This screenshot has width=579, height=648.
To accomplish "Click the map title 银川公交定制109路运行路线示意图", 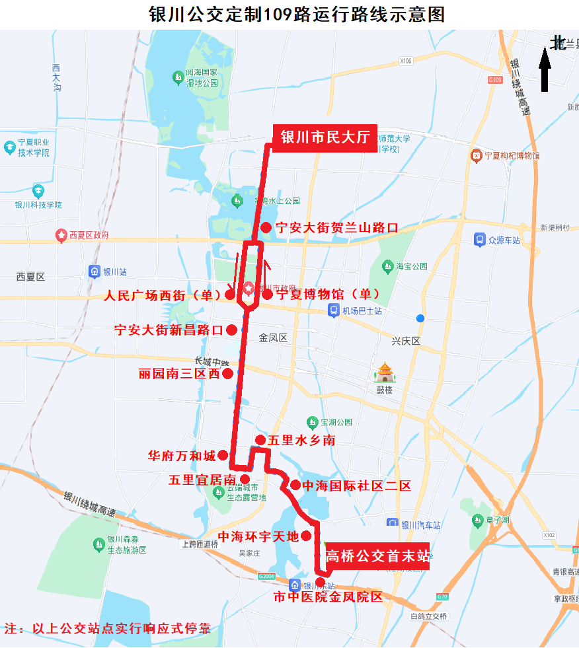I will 289,14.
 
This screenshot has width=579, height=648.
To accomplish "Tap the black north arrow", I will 545,69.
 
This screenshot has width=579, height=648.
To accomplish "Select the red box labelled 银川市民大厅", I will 325,137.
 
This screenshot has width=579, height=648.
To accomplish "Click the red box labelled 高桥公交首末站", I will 377,556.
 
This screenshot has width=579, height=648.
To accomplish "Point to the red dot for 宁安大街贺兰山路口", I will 266,228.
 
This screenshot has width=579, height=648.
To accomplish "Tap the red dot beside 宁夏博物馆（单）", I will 267,295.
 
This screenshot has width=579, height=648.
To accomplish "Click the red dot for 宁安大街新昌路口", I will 232,330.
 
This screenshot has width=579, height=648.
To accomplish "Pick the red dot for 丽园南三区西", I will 227,374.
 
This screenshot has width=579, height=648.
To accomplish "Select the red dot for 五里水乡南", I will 260,440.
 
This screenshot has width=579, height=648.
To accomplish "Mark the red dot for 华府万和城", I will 223,455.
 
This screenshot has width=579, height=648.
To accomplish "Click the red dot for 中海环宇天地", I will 307,536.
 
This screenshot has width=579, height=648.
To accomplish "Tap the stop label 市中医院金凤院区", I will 328,597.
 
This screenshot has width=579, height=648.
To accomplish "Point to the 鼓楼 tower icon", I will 385,373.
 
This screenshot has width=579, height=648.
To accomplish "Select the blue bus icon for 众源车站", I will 480,240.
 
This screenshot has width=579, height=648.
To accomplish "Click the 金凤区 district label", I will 273,338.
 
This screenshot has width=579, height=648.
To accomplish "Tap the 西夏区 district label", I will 30,277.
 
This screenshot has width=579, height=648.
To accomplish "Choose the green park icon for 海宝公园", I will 388,266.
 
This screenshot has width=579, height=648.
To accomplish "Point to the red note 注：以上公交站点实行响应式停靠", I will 108,628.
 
